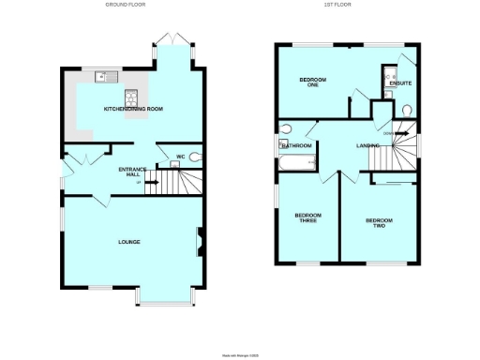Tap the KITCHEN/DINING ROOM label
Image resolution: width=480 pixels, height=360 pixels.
[134, 110]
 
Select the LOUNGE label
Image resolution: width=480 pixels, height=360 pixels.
[129, 242]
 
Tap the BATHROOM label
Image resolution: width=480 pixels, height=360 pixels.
[297, 146]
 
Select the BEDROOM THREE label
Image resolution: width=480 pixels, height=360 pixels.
[307, 218]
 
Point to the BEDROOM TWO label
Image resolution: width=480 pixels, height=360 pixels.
[378, 223]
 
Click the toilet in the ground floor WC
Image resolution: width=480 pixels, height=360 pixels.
[195, 157]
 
